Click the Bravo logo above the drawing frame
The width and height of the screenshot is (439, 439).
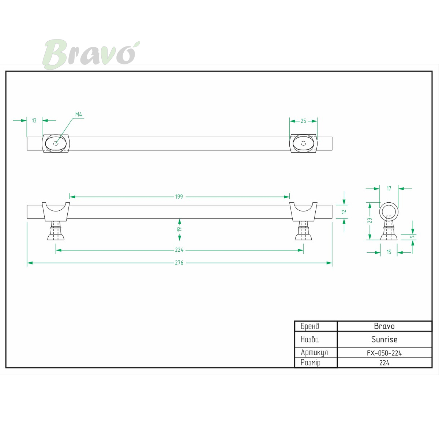tap(91, 54)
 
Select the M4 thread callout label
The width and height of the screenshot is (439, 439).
tap(79, 115)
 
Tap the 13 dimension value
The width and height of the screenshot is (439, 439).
tap(34, 120)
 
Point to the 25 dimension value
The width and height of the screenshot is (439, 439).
tap(303, 121)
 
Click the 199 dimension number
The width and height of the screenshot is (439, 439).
tap(179, 196)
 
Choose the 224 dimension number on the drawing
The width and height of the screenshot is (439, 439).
tap(179, 250)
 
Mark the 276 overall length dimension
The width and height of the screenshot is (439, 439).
tap(179, 263)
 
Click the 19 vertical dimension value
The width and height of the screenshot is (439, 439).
tap(180, 229)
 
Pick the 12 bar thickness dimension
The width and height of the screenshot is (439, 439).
tap(344, 212)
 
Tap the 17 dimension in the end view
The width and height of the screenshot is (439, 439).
tap(389, 188)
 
